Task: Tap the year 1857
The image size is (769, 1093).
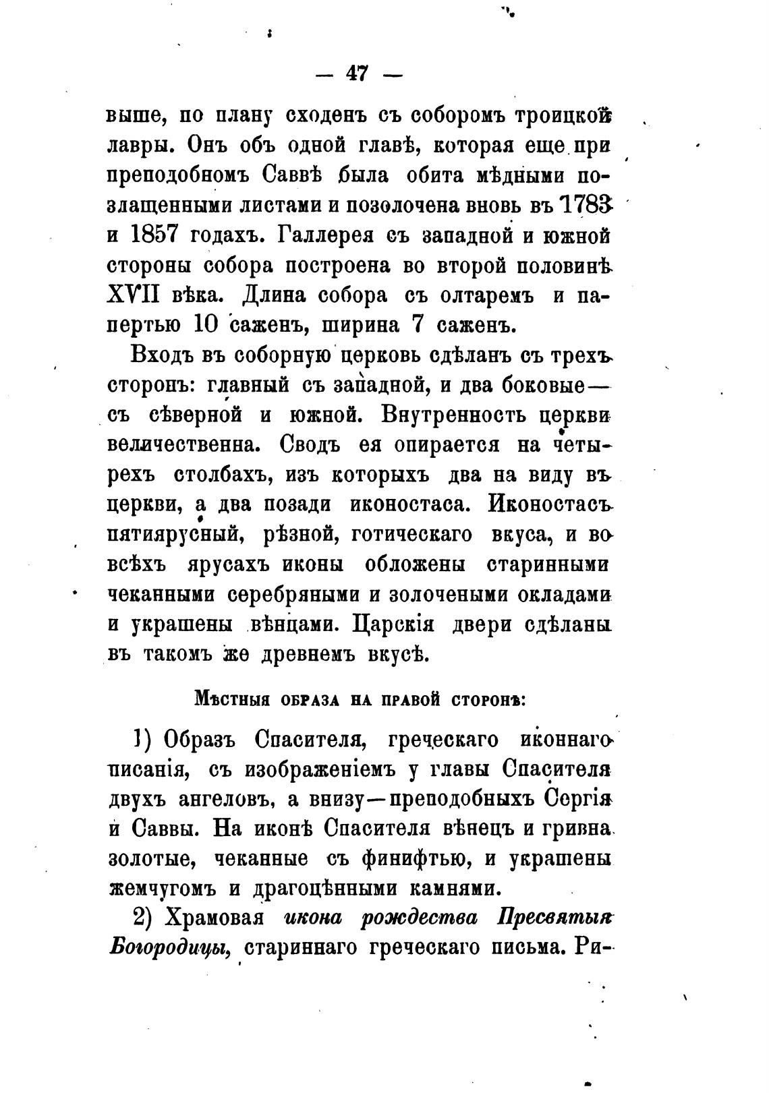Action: [150, 235]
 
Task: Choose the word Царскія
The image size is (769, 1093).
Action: [397, 624]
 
